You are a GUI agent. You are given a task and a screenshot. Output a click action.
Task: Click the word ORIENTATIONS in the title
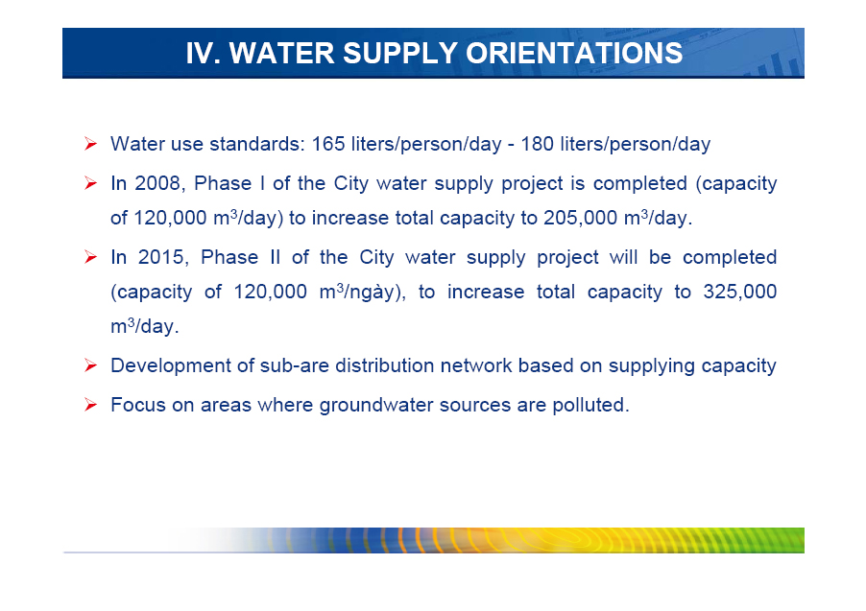[574, 54]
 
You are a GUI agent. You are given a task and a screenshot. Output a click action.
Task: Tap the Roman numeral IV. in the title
[204, 54]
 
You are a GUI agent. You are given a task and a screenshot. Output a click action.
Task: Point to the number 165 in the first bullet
[328, 144]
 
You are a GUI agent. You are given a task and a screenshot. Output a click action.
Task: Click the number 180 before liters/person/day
[538, 144]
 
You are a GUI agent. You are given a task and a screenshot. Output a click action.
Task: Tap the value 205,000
[581, 218]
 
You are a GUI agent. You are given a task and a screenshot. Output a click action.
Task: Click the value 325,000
[740, 292]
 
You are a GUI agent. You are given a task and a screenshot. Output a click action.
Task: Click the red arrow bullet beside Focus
[90, 406]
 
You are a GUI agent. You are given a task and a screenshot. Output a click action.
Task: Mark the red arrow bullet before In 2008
[90, 183]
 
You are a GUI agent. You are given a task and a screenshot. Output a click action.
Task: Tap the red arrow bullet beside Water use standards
[90, 144]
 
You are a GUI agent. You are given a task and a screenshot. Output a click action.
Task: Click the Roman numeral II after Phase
[275, 257]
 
